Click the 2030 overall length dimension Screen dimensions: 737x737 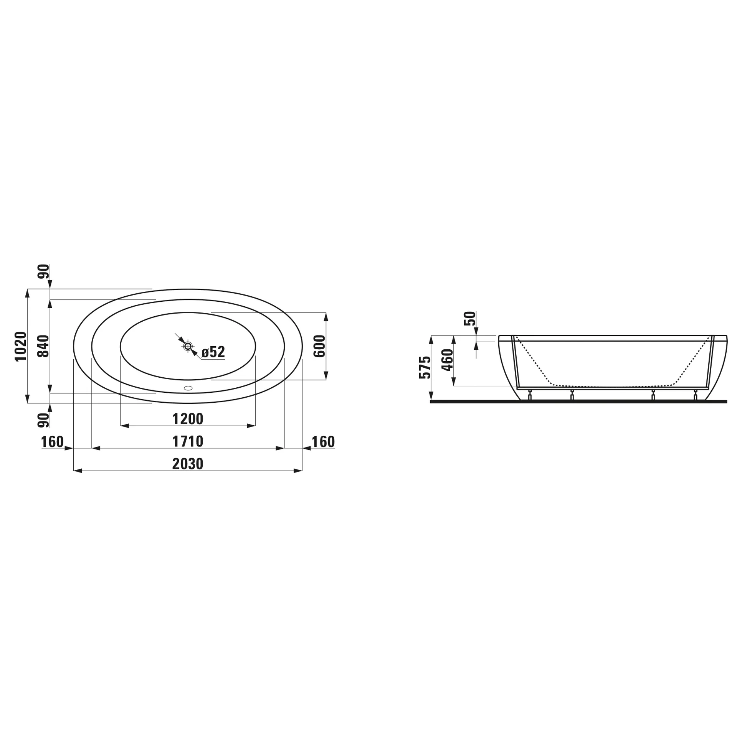(x=187, y=464)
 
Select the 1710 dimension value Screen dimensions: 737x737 (x=188, y=441)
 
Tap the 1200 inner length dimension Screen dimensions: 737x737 (x=188, y=419)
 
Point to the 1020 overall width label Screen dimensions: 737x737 (x=21, y=346)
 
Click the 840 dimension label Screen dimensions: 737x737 (x=44, y=346)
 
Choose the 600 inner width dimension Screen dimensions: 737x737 (x=319, y=346)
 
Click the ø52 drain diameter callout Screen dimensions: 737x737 (x=213, y=352)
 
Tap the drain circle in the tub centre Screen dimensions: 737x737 (x=188, y=346)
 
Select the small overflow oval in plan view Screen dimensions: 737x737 (x=188, y=388)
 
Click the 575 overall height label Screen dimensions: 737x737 (x=425, y=368)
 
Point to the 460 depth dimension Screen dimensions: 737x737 (x=448, y=360)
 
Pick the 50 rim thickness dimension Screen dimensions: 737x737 (x=470, y=319)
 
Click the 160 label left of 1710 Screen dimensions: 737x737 (x=52, y=442)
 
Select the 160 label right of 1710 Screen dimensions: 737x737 (x=323, y=442)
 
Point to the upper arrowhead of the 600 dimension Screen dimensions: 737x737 (x=326, y=317)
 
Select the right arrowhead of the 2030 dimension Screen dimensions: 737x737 (x=298, y=471)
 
